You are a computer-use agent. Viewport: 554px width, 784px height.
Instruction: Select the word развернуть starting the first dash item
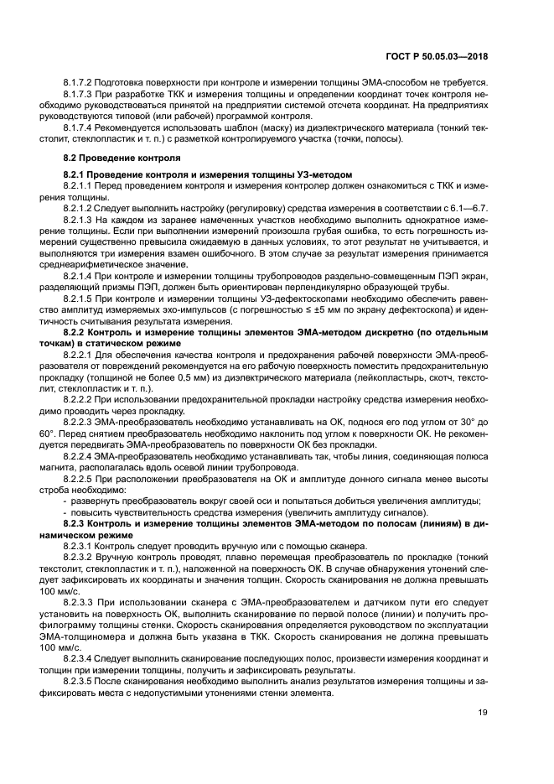[x=96, y=524]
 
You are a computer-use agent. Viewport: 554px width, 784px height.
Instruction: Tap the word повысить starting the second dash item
[x=91, y=536]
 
